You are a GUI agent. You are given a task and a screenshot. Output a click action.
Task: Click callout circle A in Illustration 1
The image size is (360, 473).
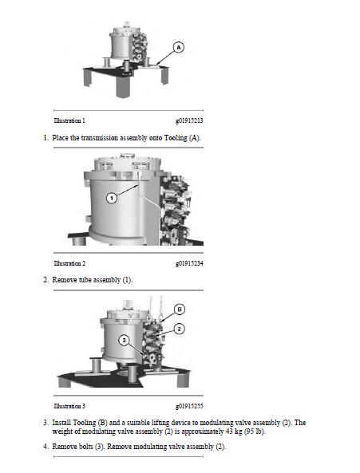178,48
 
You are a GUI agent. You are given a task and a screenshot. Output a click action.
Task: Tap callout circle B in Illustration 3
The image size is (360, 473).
180,308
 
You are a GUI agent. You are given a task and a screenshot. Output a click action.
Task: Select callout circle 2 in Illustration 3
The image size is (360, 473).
180,328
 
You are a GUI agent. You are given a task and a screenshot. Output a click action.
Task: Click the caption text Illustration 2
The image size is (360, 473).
69,263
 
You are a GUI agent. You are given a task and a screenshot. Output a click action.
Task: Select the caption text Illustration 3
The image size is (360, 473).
69,406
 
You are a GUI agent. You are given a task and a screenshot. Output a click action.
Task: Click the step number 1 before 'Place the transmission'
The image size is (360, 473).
45,139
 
